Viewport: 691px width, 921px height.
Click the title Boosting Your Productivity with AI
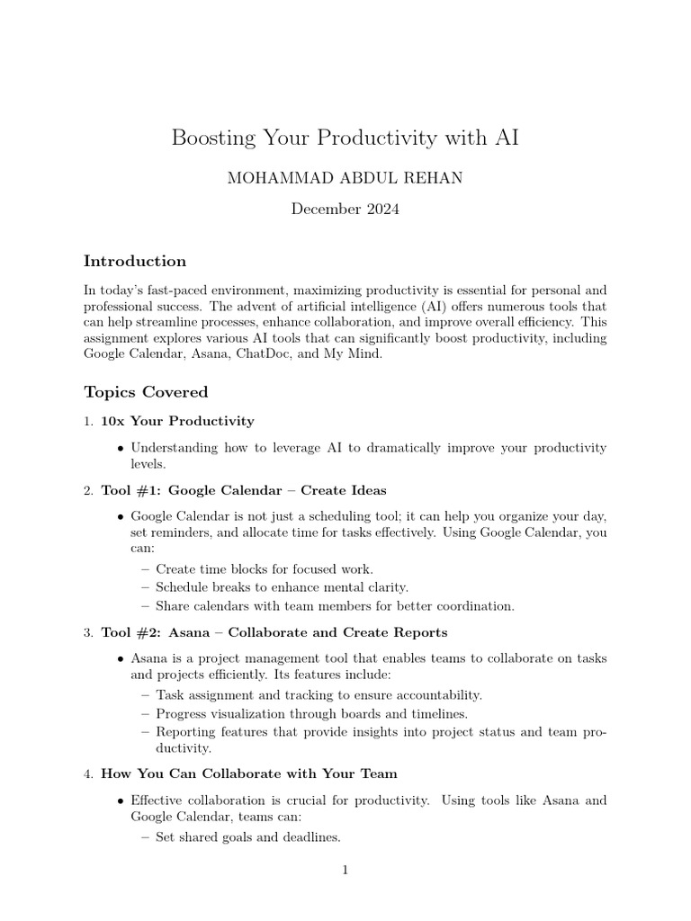[x=345, y=138]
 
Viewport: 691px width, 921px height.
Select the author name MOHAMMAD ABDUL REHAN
[x=345, y=178]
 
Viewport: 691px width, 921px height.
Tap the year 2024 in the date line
[x=378, y=210]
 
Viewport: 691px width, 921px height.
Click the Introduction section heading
[x=135, y=261]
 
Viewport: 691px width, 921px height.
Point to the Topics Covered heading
[x=146, y=391]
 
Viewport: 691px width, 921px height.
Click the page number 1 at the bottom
[x=345, y=870]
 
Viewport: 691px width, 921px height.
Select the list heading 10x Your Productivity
[x=177, y=421]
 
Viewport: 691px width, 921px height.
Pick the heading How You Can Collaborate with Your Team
[x=249, y=773]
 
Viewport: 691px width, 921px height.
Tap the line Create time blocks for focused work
[x=264, y=569]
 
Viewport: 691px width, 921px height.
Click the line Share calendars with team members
[x=335, y=606]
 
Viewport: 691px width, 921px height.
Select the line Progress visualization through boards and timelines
[x=319, y=713]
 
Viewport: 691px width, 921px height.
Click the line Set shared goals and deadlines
[x=248, y=837]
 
